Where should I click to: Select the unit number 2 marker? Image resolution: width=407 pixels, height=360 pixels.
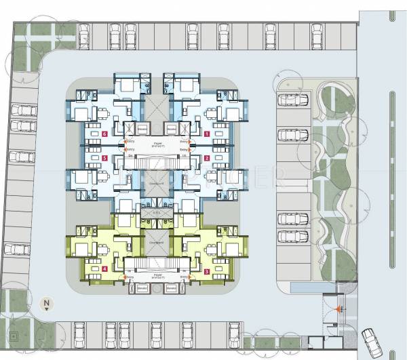click(206, 159)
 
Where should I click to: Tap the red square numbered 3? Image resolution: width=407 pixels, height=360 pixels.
click(206, 271)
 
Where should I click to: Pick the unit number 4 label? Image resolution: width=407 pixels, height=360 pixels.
click(105, 269)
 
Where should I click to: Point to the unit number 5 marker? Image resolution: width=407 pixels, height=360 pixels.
click(105, 159)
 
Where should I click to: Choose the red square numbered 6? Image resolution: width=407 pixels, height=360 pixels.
click(105, 134)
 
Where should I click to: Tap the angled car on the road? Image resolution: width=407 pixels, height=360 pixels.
click(371, 338)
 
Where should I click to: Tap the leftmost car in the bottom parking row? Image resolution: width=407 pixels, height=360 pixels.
click(79, 332)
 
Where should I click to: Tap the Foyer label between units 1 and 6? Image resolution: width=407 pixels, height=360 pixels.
click(158, 144)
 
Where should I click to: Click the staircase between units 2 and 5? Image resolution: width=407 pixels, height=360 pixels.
click(155, 161)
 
